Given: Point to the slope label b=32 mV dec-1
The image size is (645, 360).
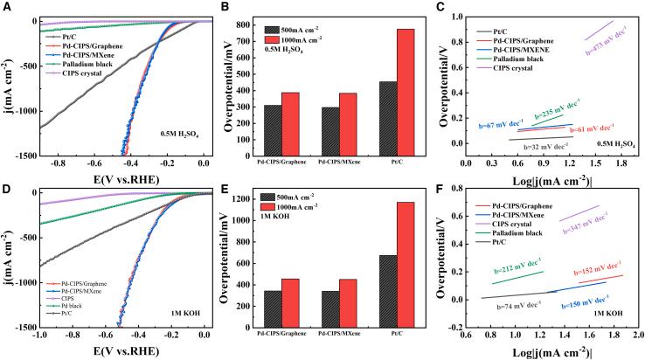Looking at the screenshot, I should [542, 148].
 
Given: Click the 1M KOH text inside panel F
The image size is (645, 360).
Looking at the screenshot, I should [608, 312].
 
